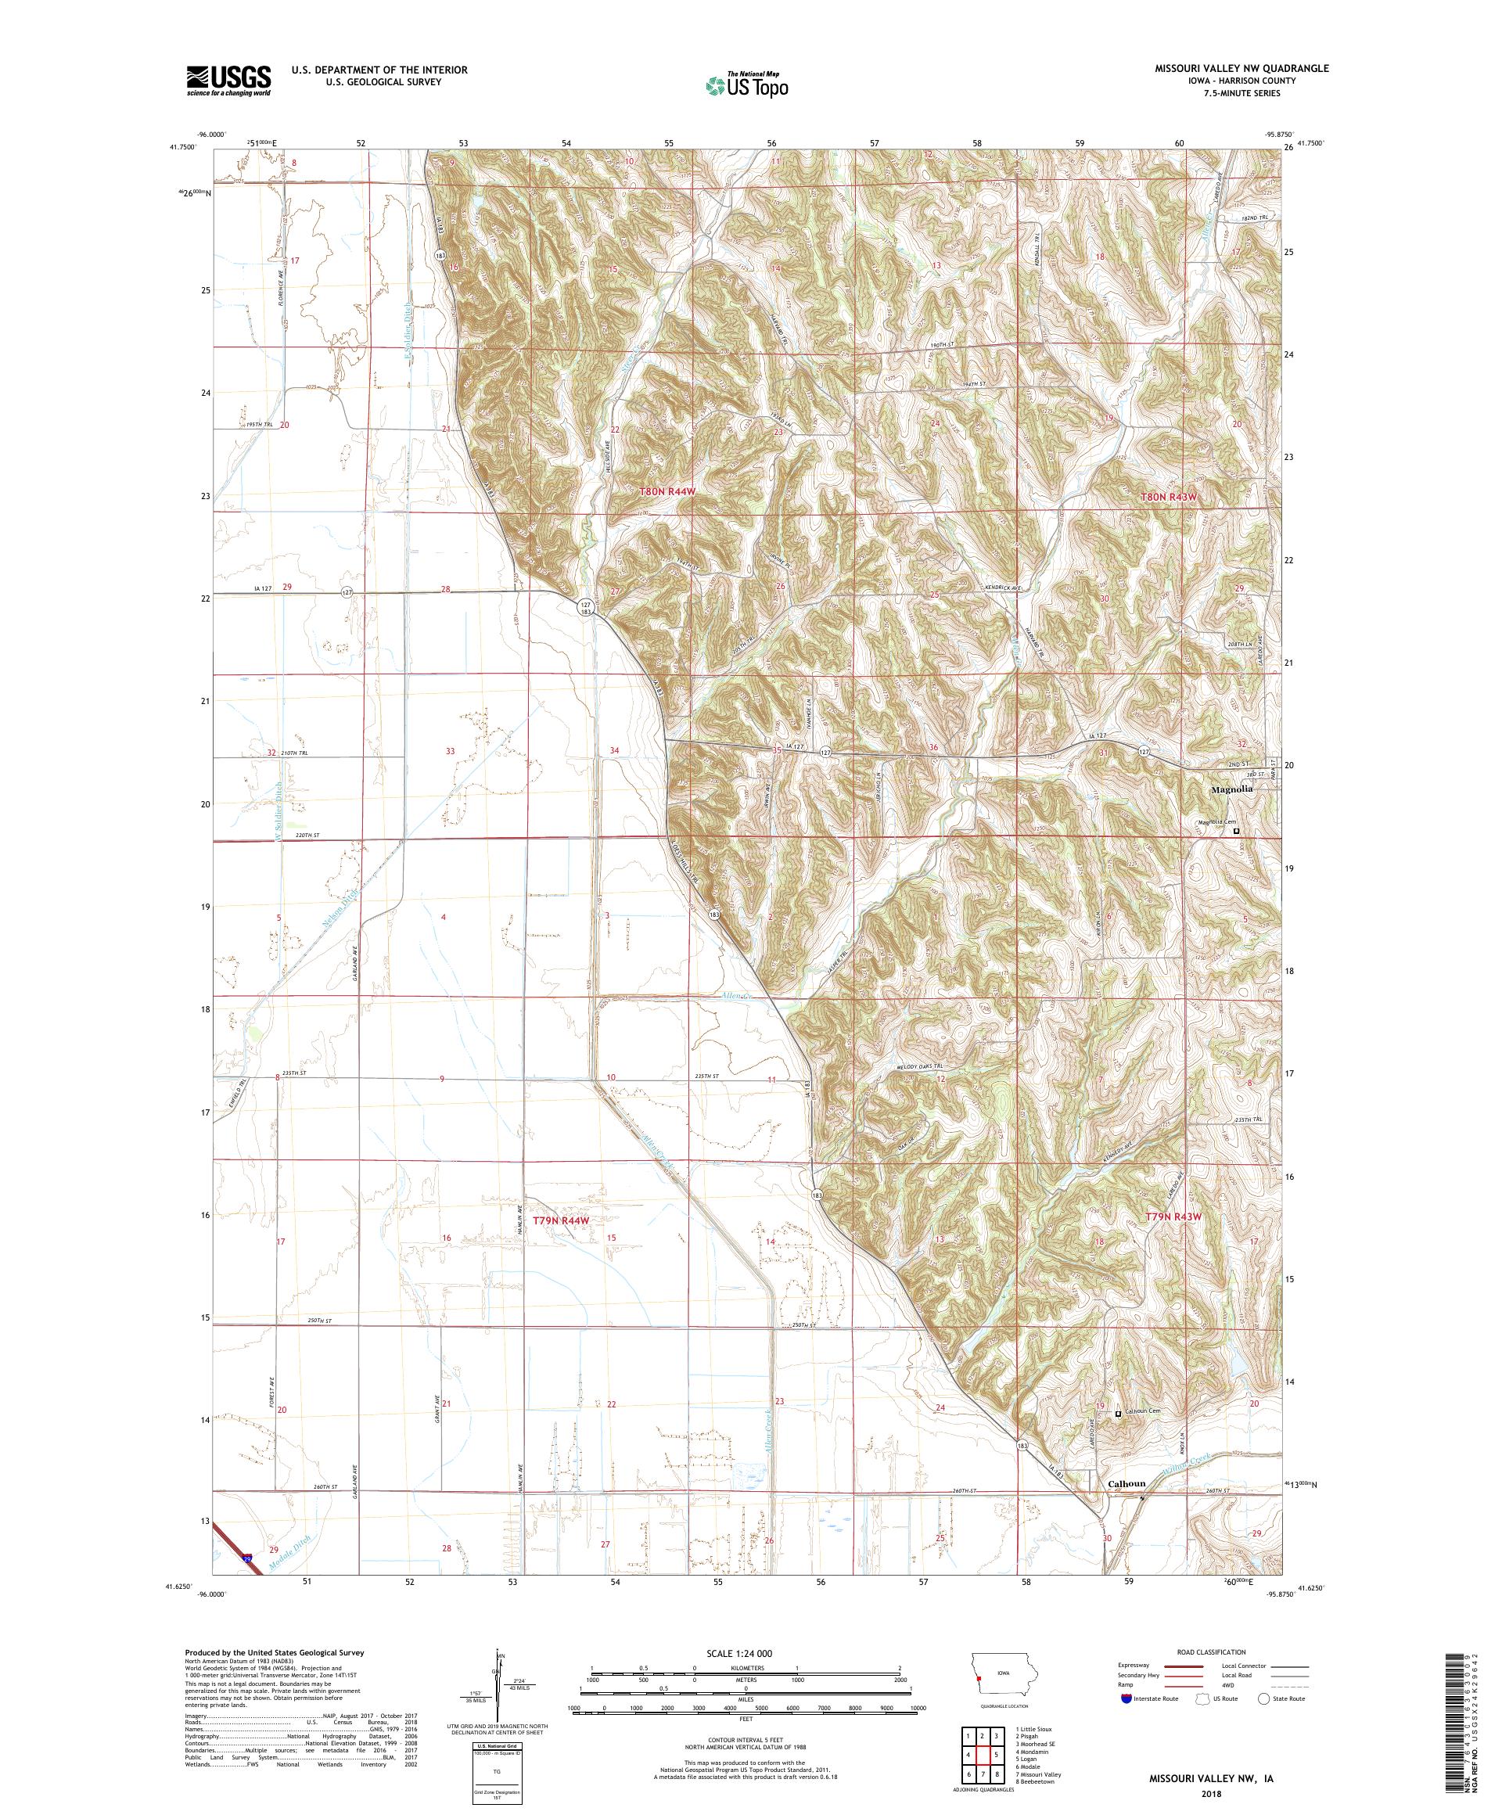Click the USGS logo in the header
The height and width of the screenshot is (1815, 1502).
(229, 81)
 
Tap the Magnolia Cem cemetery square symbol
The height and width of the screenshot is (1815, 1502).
(1236, 832)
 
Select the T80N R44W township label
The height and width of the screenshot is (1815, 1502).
(667, 491)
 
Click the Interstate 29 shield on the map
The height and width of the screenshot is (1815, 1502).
(248, 1558)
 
